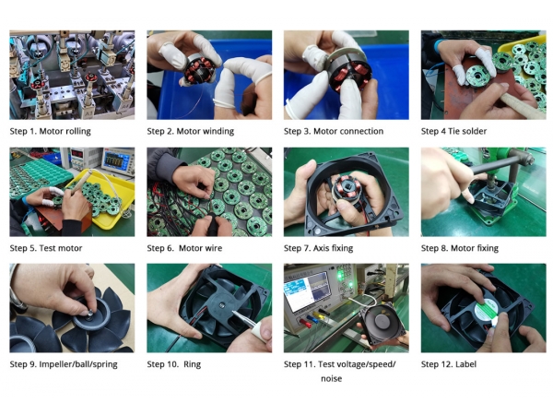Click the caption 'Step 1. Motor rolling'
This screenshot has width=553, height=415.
tap(50, 131)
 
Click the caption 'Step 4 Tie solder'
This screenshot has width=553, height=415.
tap(453, 131)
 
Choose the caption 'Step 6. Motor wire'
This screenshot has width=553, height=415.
tap(184, 248)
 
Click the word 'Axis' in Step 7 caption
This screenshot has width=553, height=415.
tap(321, 248)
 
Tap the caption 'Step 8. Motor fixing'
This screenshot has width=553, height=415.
tap(460, 248)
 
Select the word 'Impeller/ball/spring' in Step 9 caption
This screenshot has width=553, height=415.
tap(78, 364)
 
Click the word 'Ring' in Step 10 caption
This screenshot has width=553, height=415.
tap(192, 364)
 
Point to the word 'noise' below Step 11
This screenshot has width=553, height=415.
tap(331, 379)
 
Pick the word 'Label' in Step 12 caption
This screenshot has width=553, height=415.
tap(465, 364)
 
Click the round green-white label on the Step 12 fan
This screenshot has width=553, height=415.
tap(486, 310)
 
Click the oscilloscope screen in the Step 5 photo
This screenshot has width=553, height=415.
tap(113, 160)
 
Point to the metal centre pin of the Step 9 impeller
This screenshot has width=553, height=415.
tap(90, 312)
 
